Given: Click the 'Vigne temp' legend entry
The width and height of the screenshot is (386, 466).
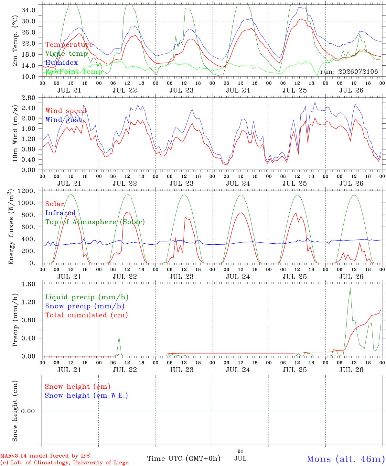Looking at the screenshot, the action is [67, 54].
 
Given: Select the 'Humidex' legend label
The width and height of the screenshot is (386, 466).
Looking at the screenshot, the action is [61, 62].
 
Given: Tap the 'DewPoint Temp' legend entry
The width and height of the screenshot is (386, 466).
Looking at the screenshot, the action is [74, 72].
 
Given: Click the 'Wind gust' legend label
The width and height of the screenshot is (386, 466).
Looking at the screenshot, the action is [63, 120].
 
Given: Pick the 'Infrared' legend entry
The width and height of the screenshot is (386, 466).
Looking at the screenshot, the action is [60, 213].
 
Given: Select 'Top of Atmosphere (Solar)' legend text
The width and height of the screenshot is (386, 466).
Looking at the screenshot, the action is [95, 222].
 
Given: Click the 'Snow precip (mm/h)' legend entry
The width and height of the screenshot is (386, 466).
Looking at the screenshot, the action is [85, 306].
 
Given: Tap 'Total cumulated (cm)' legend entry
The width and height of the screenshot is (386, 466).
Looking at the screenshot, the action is [87, 315].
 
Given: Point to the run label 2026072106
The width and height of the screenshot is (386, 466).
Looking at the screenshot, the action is [349, 72].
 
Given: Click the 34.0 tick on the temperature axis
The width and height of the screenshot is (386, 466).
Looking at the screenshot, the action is [28, 10].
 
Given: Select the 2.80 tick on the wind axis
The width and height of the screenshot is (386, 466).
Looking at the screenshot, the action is [28, 98].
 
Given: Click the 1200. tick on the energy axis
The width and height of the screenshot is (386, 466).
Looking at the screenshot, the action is [27, 191].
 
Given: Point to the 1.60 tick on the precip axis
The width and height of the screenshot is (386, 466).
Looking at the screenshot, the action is [28, 284].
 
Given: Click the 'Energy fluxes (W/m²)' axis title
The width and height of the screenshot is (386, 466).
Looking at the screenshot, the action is [11, 227].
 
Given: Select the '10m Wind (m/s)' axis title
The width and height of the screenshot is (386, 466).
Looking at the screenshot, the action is [15, 133].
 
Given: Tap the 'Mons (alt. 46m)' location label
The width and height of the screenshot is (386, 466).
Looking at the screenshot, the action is [344, 459].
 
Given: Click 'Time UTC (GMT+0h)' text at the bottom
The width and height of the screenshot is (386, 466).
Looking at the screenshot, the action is [184, 459].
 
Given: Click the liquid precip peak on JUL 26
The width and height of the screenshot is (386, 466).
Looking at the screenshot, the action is [350, 288].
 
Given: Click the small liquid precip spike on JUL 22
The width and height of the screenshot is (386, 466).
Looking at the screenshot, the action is [119, 337].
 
